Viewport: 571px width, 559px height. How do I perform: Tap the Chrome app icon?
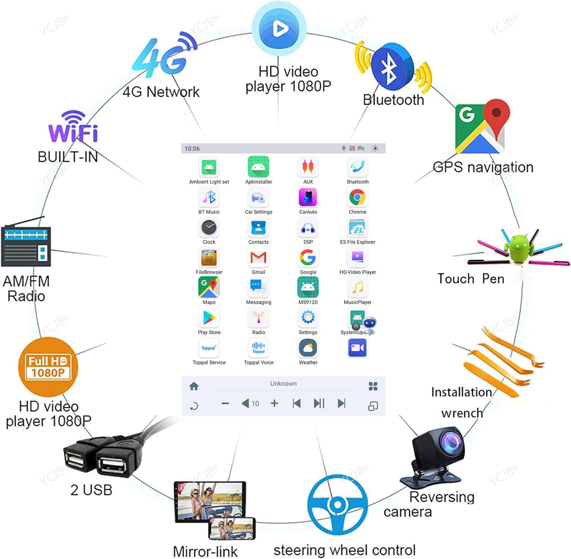pyautogui.click(x=357, y=197)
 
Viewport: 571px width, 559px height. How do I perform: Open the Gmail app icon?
pyautogui.click(x=258, y=257)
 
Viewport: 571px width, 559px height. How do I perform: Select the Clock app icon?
pyautogui.click(x=209, y=227)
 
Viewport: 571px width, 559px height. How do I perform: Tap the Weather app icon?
pyautogui.click(x=308, y=348)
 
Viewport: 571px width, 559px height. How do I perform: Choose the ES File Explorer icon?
pyautogui.click(x=357, y=227)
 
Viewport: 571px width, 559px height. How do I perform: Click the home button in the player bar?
pyautogui.click(x=194, y=386)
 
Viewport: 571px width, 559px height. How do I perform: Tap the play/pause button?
pyautogui.click(x=319, y=403)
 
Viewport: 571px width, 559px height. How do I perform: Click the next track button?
pyautogui.click(x=342, y=403)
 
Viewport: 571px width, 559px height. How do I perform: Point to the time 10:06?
pyautogui.click(x=192, y=149)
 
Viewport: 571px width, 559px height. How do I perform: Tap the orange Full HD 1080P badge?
pyautogui.click(x=48, y=367)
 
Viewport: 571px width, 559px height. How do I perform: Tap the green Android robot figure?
pyautogui.click(x=519, y=248)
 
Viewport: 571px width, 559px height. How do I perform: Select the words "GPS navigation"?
pyautogui.click(x=483, y=167)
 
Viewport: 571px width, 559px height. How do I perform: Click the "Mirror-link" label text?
pyautogui.click(x=205, y=551)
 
